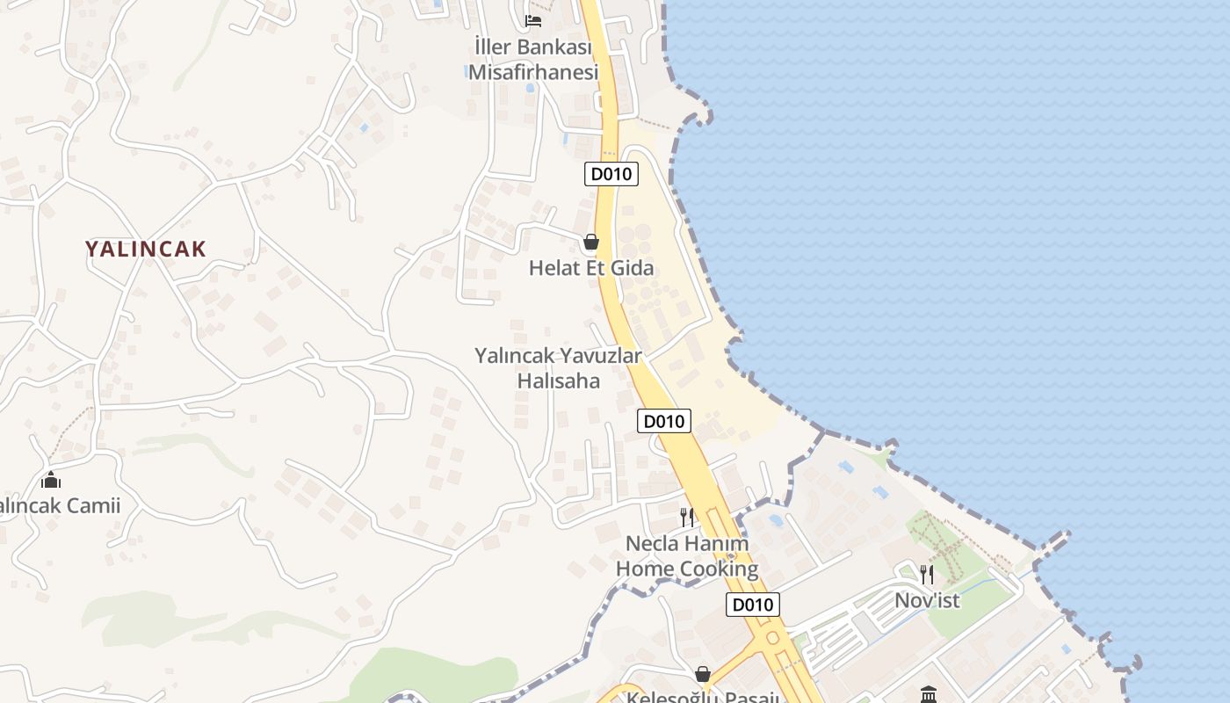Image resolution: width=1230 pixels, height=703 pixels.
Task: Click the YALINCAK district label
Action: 146,249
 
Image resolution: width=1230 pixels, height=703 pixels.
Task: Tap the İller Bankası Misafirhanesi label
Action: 532,59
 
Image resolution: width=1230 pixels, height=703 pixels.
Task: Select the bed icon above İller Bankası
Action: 532,21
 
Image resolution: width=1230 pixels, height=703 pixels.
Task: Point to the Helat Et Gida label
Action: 591,268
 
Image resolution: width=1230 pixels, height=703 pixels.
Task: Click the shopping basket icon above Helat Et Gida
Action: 591,242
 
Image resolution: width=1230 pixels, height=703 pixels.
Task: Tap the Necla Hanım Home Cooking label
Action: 687,556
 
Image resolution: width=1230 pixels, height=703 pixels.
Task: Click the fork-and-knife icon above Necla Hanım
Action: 687,517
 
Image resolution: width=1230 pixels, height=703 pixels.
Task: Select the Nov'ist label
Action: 927,601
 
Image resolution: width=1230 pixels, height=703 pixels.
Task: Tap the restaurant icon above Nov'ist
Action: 927,575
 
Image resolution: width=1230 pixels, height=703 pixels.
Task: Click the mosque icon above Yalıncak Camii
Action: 51,480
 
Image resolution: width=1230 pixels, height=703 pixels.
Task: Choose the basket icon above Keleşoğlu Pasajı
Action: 702,674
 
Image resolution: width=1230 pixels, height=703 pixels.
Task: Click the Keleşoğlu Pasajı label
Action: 702,698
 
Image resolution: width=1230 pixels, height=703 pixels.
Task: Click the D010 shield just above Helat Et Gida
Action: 611,174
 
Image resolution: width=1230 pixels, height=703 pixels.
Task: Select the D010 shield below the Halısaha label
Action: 663,422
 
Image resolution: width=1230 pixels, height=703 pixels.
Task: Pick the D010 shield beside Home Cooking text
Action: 753,605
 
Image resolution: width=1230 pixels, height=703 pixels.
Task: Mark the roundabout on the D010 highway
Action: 773,636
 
